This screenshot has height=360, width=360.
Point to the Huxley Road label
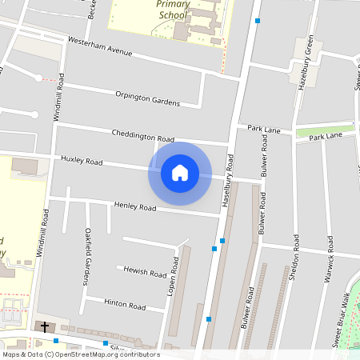tap(82, 161)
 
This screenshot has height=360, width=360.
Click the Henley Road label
tap(133, 206)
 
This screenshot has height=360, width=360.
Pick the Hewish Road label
tap(145, 272)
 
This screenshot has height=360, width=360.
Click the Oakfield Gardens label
tap(88, 256)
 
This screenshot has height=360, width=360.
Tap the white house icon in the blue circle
tap(179, 173)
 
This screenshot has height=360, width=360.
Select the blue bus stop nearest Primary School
tap(258, 21)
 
